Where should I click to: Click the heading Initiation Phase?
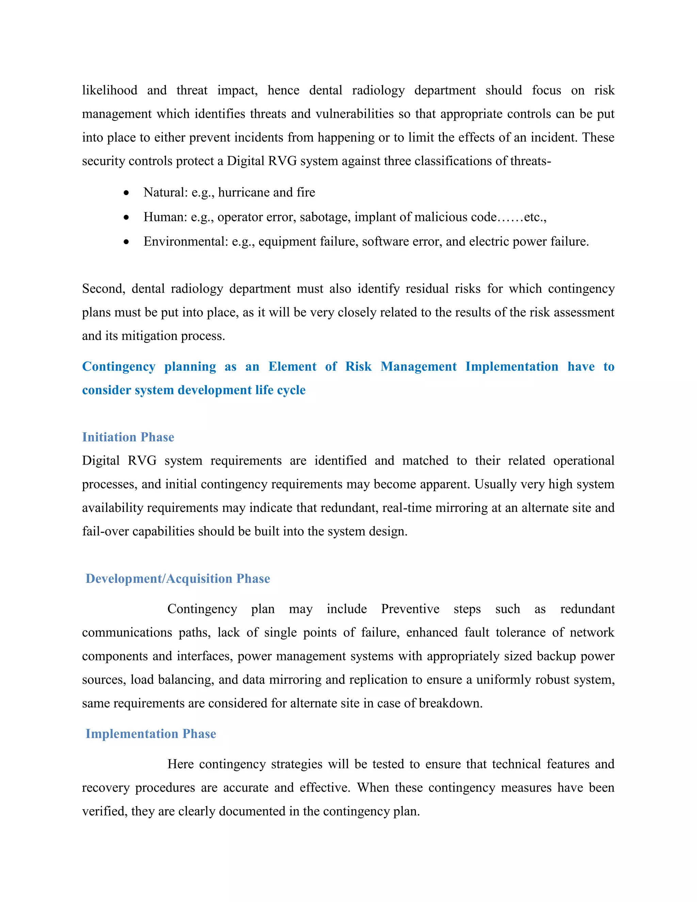(x=128, y=437)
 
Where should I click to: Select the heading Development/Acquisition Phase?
(x=178, y=579)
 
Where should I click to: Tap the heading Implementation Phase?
(x=151, y=734)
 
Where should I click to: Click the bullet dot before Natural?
(x=126, y=193)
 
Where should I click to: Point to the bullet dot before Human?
(x=126, y=217)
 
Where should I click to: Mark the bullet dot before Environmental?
(x=126, y=242)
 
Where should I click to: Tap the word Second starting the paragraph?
(x=103, y=289)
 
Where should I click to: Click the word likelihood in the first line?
(x=110, y=91)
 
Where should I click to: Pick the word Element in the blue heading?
(x=292, y=367)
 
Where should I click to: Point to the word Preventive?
(x=410, y=609)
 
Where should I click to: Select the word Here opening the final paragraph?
(x=180, y=764)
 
